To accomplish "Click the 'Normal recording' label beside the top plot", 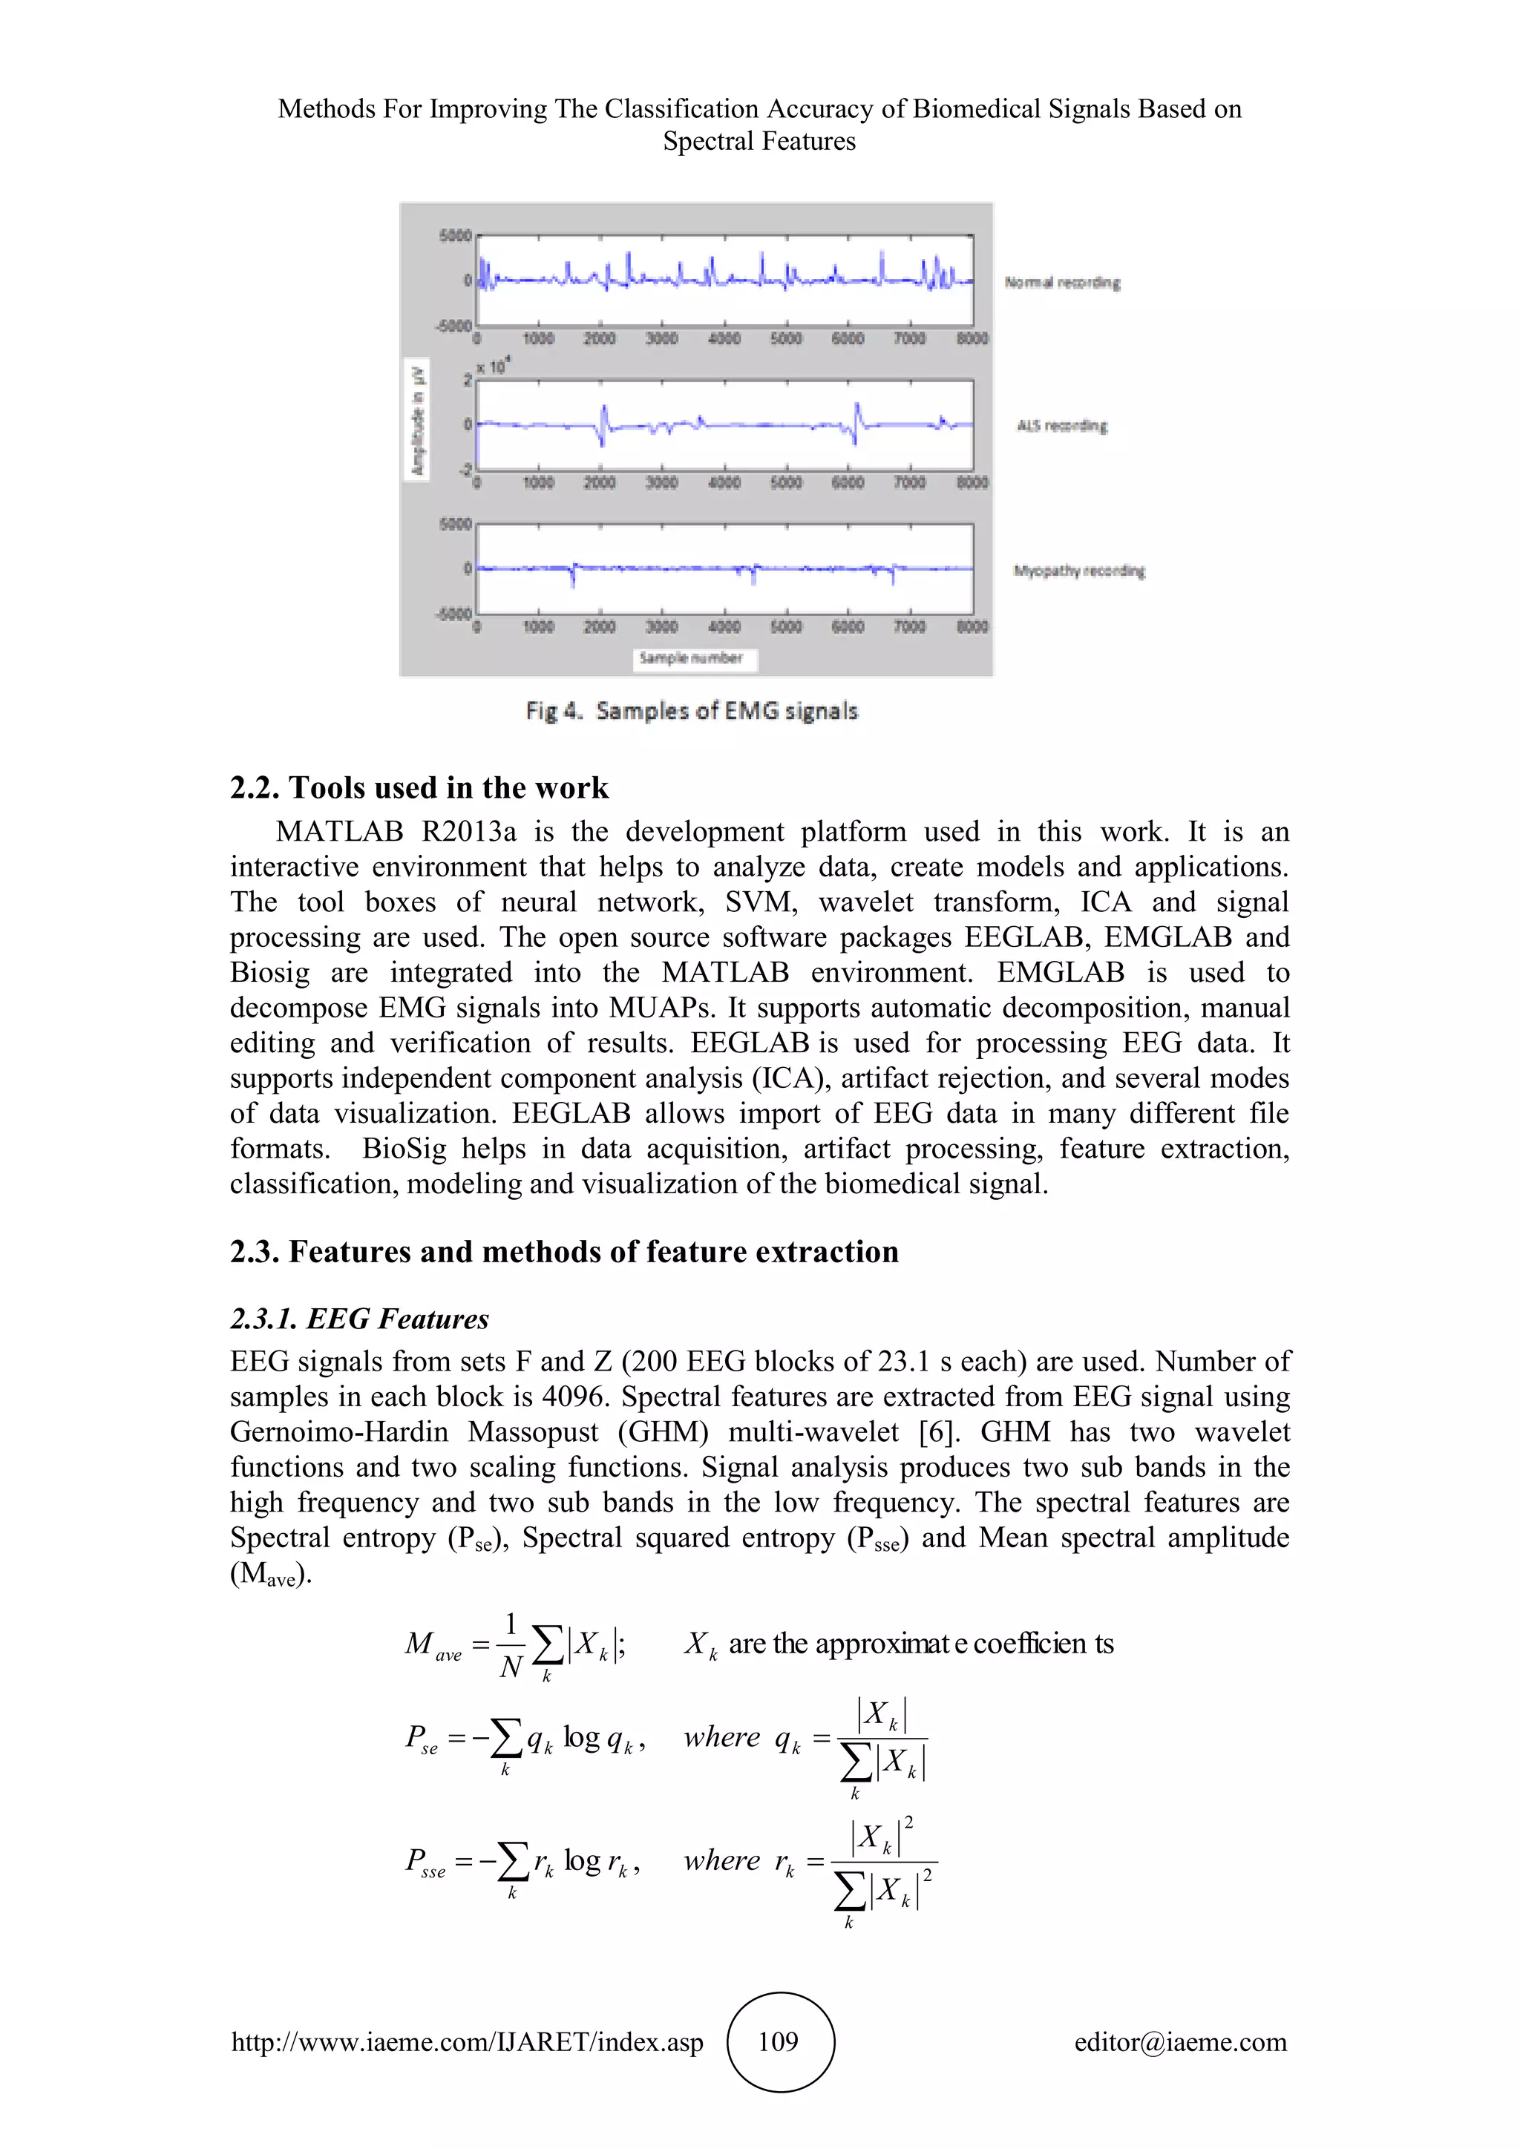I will pyautogui.click(x=1061, y=282).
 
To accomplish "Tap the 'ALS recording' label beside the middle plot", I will pyautogui.click(x=1061, y=426).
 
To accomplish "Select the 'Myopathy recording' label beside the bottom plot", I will pyautogui.click(x=1078, y=570).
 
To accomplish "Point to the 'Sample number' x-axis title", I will pyautogui.click(x=691, y=658).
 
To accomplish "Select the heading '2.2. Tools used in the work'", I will pyautogui.click(x=419, y=787).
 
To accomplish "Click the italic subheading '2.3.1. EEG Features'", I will pyautogui.click(x=359, y=1319).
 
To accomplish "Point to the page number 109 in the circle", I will pyautogui.click(x=778, y=2041).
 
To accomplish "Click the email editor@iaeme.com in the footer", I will pyautogui.click(x=1180, y=2041).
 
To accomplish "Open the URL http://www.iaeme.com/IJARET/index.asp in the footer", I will pyautogui.click(x=467, y=2041).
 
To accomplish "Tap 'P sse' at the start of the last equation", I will pyautogui.click(x=425, y=1861).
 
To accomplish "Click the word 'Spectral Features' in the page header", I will pyautogui.click(x=759, y=141).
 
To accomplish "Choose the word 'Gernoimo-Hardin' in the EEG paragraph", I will pyautogui.click(x=339, y=1431).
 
